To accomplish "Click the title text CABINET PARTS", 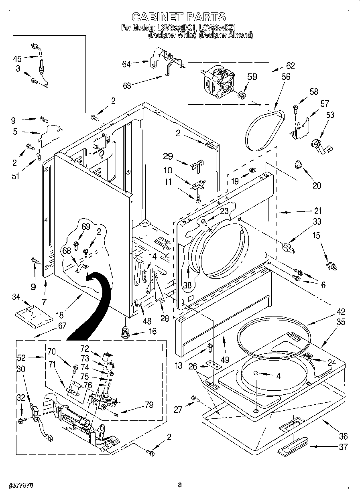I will (179, 16).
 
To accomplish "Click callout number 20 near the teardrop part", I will (317, 185).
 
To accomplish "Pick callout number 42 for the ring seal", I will (330, 312).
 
